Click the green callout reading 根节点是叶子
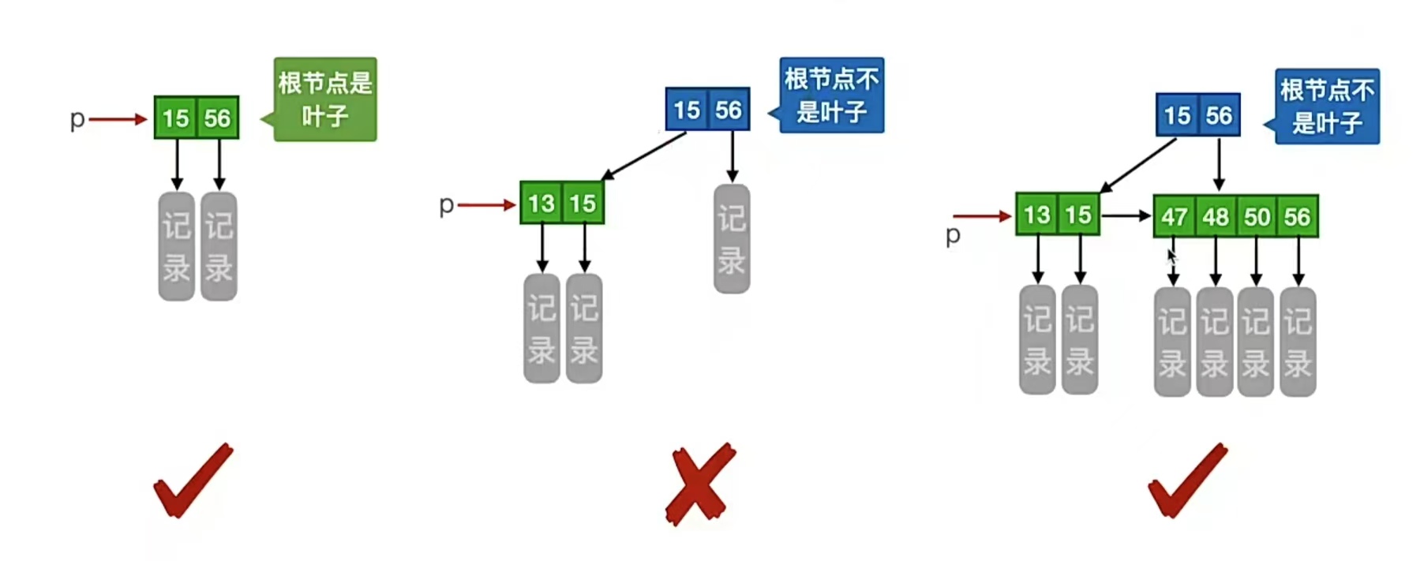click(324, 99)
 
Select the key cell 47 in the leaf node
click(1174, 216)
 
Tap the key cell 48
click(1216, 216)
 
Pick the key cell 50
click(1257, 216)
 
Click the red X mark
click(699, 484)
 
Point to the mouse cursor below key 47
click(1171, 256)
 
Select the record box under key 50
click(1256, 342)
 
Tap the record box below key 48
click(1215, 342)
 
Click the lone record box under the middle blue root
click(732, 239)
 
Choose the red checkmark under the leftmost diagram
click(193, 480)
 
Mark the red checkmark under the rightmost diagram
click(1187, 480)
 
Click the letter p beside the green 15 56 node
click(77, 119)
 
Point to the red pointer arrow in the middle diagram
click(486, 205)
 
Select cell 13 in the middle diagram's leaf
click(541, 204)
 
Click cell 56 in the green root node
click(217, 118)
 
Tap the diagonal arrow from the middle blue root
click(643, 156)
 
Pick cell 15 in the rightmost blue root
click(1177, 115)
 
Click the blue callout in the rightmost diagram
click(1327, 107)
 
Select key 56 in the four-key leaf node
click(1297, 216)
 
